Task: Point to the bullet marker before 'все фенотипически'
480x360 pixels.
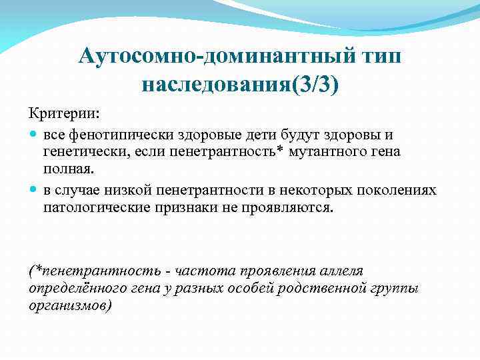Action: pyautogui.click(x=33, y=135)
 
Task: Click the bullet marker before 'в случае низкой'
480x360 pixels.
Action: pyautogui.click(x=33, y=191)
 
